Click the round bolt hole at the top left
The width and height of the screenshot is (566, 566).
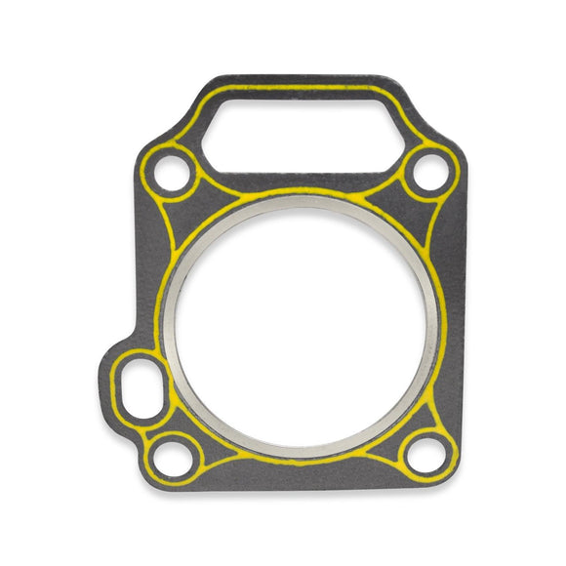[x=173, y=178]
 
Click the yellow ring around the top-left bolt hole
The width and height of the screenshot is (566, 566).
[x=154, y=177]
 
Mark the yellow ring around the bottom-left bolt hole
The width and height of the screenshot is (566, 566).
[x=156, y=454]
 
